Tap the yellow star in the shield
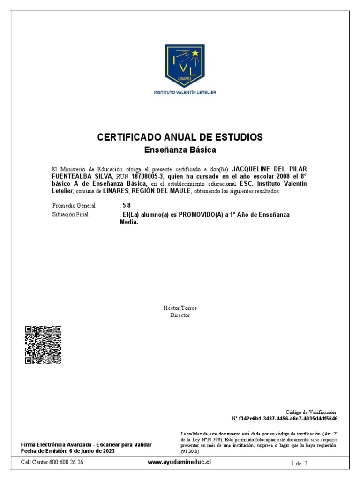[x=195, y=53]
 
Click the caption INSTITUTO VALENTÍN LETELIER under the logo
[x=185, y=93]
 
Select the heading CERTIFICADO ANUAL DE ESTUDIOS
[x=180, y=137]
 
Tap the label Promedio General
[x=74, y=206]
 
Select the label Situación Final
[x=70, y=214]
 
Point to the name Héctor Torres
[x=180, y=308]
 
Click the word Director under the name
[x=180, y=315]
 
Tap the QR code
[x=43, y=345]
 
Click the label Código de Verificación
[x=311, y=412]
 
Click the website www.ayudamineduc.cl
[x=180, y=462]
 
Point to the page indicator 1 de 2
[x=299, y=463]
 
